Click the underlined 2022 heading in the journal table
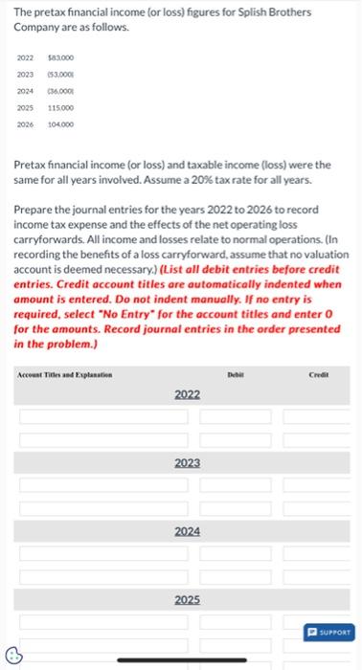[x=187, y=394]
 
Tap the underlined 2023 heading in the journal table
[x=187, y=462]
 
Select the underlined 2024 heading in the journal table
[x=187, y=530]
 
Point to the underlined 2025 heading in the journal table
[x=187, y=599]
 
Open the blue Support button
[x=328, y=631]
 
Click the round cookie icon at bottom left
[x=13, y=656]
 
